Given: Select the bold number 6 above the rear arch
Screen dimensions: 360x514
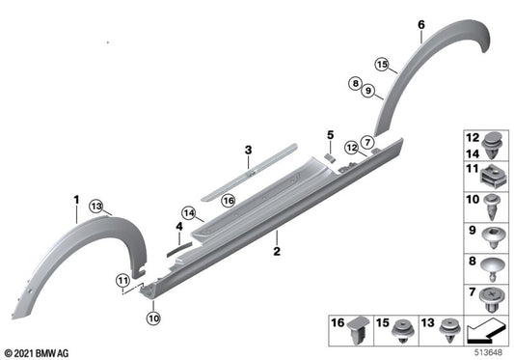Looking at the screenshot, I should click(420, 23).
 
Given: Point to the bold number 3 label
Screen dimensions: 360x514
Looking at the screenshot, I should click(248, 150).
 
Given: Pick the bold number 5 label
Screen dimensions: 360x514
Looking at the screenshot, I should click(329, 134).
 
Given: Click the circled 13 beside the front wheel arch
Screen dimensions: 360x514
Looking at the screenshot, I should click(96, 205).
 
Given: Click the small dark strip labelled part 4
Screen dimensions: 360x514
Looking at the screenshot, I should click(179, 248).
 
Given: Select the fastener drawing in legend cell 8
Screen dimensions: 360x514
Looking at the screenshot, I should click(491, 262).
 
